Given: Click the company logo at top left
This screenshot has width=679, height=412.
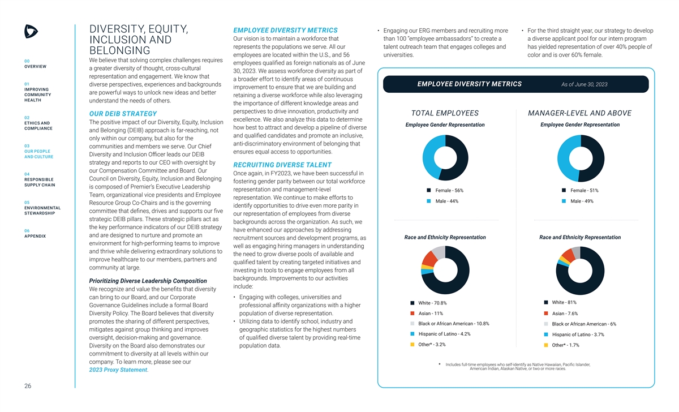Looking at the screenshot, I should (31, 32).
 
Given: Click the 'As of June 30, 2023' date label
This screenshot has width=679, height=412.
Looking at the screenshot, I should (585, 84).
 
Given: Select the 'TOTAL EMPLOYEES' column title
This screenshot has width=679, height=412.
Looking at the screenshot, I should (445, 113).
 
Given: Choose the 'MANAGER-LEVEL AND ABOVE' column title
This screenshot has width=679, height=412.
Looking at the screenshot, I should (579, 113).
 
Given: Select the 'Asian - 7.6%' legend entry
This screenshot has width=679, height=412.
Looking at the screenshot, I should (564, 314).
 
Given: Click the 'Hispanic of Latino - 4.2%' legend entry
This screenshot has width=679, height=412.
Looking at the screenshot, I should (444, 334).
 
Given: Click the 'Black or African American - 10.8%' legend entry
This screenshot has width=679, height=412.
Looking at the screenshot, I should (453, 324).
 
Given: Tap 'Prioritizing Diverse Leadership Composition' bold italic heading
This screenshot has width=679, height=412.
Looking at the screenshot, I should (148, 281).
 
